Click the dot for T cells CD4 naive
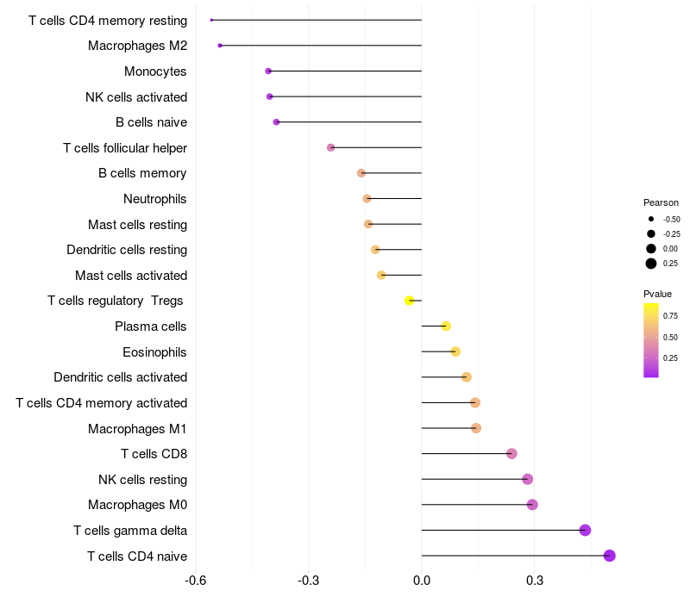click(609, 556)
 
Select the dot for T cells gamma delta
click(585, 530)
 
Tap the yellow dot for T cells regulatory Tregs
click(410, 301)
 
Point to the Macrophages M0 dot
click(532, 505)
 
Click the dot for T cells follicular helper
click(330, 147)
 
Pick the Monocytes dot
click(268, 71)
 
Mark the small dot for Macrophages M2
click(220, 46)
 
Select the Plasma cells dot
click(446, 326)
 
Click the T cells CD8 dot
click(511, 454)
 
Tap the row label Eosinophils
click(154, 351)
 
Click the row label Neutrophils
click(155, 199)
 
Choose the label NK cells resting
click(142, 479)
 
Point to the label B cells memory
click(142, 173)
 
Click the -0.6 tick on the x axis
click(197, 581)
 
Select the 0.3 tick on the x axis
click(535, 581)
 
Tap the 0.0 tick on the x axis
click(422, 581)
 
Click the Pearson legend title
click(661, 202)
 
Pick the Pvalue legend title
click(658, 294)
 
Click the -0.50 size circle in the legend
click(651, 219)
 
